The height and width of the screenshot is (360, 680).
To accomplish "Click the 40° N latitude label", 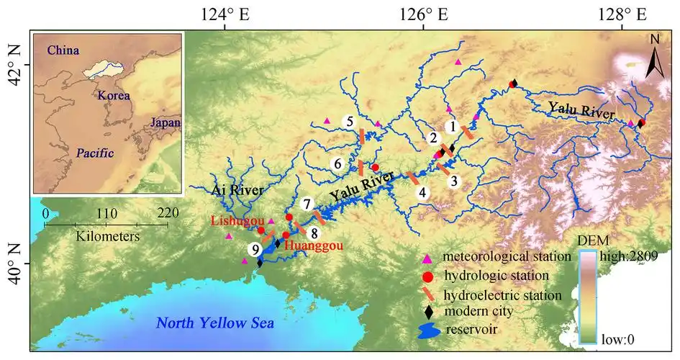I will (x=15, y=264).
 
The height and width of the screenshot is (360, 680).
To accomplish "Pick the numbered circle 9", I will (x=255, y=249).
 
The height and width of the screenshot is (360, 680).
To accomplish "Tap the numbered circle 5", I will (x=350, y=122).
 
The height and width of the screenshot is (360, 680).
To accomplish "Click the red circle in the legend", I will (x=427, y=276).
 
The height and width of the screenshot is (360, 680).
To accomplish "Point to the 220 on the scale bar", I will (x=167, y=213).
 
